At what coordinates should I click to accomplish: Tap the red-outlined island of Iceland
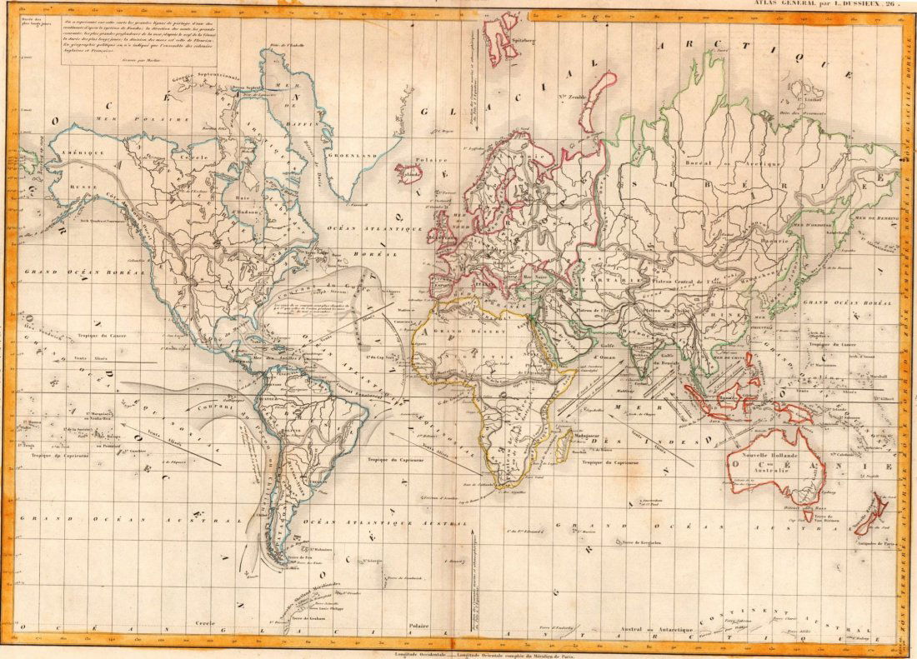[408, 173]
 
